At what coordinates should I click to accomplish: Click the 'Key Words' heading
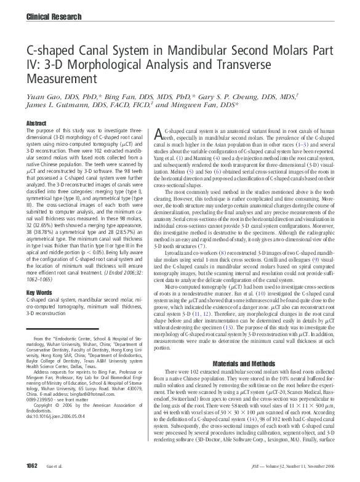(x=39, y=292)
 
